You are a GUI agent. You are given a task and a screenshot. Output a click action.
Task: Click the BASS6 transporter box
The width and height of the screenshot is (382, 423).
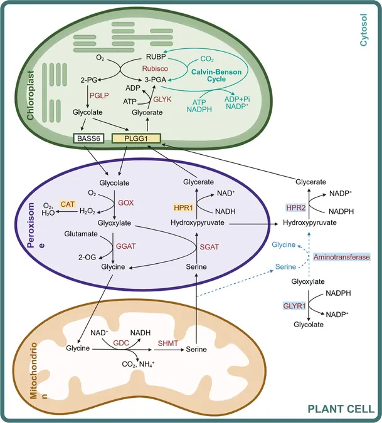(88, 138)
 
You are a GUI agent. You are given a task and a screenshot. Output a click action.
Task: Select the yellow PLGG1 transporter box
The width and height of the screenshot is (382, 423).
(136, 138)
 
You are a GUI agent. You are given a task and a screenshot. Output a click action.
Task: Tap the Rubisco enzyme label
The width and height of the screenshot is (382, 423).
(155, 68)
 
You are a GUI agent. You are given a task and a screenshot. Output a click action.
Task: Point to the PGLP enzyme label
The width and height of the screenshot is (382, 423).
(99, 95)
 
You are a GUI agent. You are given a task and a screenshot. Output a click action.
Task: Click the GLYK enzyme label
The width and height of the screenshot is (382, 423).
(162, 99)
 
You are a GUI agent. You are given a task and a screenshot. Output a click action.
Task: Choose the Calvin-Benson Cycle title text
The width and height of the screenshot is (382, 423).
(216, 76)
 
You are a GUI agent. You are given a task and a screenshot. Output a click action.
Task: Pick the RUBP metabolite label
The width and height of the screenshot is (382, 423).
(156, 57)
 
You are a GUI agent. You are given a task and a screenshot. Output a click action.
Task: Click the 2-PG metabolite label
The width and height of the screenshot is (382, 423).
(89, 80)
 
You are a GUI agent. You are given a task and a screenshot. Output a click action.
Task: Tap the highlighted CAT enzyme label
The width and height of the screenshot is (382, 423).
(68, 204)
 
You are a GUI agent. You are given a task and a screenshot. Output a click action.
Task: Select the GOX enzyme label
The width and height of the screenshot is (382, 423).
(126, 203)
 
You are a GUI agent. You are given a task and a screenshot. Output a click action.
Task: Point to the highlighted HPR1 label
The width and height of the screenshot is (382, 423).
(183, 207)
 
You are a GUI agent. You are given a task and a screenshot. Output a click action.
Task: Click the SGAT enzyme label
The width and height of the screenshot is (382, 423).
(210, 247)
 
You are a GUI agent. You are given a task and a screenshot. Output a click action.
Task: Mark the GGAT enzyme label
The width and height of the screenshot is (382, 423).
(125, 246)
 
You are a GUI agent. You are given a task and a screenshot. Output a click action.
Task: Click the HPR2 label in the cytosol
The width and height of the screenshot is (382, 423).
(296, 207)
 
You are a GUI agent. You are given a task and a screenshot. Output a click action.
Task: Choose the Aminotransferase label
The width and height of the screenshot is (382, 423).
(341, 257)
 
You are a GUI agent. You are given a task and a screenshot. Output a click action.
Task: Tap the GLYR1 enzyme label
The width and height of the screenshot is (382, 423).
(294, 306)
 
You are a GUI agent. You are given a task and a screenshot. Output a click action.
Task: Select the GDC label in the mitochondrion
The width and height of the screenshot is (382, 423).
(121, 343)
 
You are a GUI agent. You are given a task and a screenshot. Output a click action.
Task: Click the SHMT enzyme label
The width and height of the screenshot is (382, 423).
(168, 343)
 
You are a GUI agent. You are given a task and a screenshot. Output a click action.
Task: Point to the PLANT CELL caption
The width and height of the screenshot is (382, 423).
(341, 409)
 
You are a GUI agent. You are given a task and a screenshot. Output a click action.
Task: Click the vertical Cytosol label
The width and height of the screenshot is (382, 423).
(364, 30)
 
